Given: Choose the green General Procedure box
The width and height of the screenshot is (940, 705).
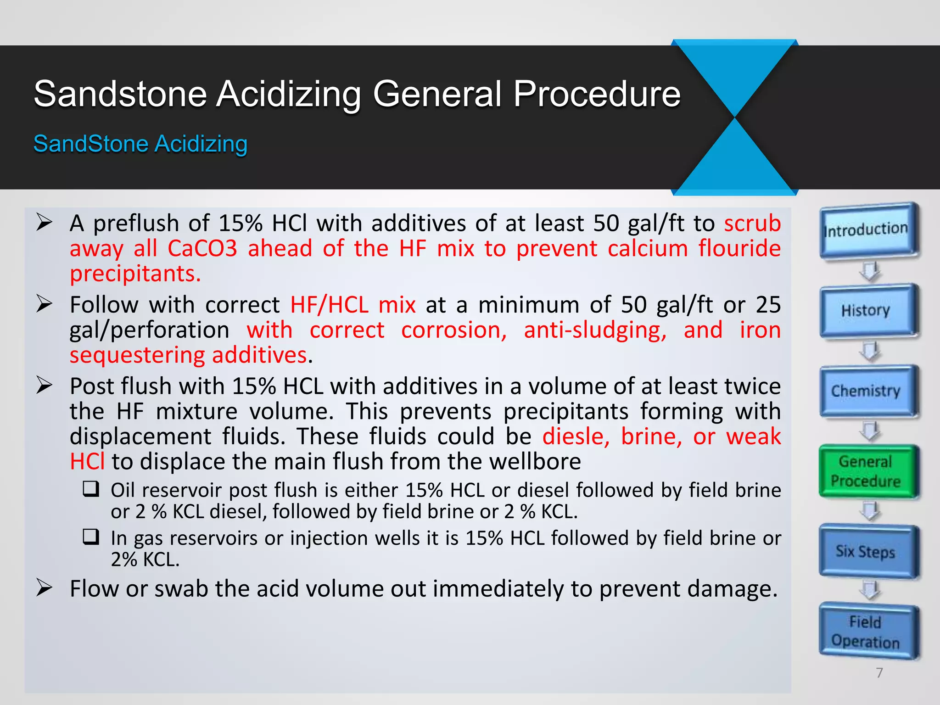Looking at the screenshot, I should coord(866,471).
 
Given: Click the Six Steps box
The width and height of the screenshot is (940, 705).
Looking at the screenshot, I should coord(866,551).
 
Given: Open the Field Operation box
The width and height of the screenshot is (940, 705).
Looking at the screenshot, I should coord(866,632).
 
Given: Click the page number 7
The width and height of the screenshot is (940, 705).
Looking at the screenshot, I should coord(879,673).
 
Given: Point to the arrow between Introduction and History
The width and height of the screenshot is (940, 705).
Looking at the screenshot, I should coord(869,271).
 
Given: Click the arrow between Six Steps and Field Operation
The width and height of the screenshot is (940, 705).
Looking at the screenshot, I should coord(869,590).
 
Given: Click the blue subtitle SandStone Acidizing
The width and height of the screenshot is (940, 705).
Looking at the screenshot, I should coord(140,144).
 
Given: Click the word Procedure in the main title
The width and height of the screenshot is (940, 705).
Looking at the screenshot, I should coord(597,94).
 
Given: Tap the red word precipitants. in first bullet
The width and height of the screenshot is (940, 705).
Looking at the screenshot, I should coord(135,274).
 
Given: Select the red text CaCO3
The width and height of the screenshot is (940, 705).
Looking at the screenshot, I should coord(202,249).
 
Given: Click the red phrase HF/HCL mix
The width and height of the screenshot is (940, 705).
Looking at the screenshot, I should coord(353,305).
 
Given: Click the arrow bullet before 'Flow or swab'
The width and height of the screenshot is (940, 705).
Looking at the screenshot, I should coord(45,588).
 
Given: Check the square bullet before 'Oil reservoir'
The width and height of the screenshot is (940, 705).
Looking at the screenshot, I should coord(91,489).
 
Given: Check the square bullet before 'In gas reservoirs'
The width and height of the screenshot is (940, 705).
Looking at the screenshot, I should coord(91,537).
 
